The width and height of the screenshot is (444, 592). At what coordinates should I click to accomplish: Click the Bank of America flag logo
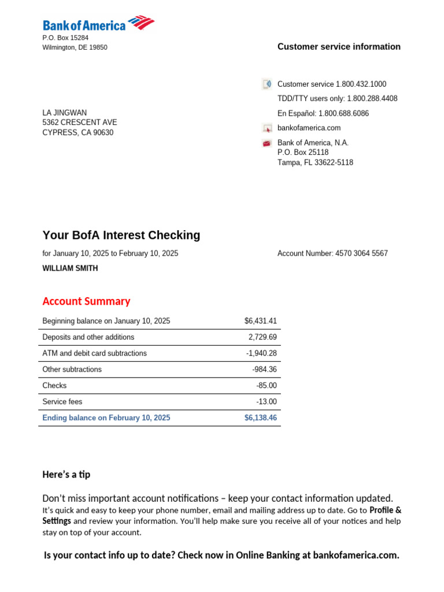141,23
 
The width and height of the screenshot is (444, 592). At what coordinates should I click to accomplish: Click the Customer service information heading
339,47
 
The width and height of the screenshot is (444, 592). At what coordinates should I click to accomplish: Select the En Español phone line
323,114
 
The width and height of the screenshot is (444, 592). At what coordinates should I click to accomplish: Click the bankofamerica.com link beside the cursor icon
309,128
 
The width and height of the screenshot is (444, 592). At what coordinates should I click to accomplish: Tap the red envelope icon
267,143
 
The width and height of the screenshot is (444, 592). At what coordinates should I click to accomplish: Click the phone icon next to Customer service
267,84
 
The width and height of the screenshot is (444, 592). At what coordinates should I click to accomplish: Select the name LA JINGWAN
65,113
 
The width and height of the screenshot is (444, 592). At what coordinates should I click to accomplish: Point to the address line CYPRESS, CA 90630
78,133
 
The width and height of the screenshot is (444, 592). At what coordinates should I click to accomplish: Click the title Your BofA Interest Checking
121,235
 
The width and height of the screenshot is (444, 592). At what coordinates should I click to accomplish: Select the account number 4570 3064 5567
361,254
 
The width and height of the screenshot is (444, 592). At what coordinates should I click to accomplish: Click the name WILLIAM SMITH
70,269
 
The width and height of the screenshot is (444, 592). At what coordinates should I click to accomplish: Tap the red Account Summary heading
86,301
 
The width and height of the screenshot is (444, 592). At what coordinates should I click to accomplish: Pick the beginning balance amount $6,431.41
260,321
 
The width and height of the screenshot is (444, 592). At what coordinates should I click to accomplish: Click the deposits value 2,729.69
262,338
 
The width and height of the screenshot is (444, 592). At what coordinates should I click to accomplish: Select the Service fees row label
62,402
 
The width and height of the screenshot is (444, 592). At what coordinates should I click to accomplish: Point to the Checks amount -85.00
267,386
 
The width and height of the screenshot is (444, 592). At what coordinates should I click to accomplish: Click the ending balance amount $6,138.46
260,418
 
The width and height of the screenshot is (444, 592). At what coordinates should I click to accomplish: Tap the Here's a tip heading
66,475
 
